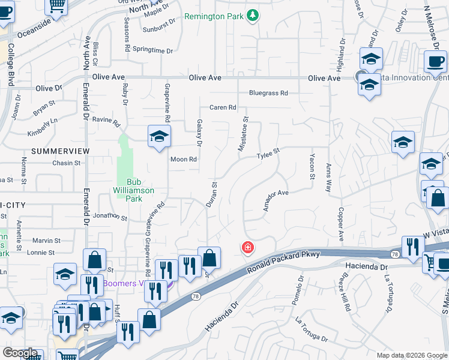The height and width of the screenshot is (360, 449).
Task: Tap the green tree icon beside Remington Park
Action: (253, 15)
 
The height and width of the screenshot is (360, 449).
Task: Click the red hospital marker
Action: (247, 247)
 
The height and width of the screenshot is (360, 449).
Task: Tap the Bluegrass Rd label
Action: (268, 93)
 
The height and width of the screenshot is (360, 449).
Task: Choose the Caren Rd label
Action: (223, 108)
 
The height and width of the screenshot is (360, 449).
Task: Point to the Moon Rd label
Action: (184, 160)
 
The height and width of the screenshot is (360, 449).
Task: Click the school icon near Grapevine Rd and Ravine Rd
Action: (160, 136)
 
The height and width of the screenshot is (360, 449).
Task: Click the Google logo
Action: (20, 353)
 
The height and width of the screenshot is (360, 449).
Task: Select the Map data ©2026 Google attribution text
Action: (412, 355)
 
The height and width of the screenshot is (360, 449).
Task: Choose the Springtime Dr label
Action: (152, 51)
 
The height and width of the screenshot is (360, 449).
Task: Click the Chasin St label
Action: (66, 163)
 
